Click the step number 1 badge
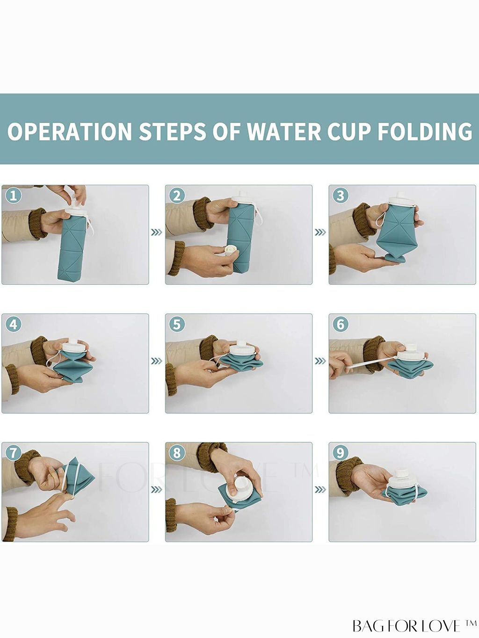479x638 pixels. click(x=14, y=196)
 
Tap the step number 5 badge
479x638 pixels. click(x=177, y=325)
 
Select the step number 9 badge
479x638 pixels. click(x=341, y=453)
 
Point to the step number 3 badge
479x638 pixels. click(x=341, y=196)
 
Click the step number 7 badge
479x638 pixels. click(x=14, y=453)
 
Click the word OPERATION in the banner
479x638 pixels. click(x=70, y=131)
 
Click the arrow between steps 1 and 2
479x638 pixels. click(x=157, y=232)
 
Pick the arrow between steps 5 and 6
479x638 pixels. click(x=320, y=361)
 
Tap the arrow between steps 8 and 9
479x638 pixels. click(x=320, y=490)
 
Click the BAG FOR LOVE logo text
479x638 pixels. click(x=414, y=625)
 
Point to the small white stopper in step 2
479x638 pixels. click(x=230, y=250)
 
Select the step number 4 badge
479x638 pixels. click(x=14, y=325)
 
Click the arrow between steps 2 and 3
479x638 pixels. click(x=320, y=232)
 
